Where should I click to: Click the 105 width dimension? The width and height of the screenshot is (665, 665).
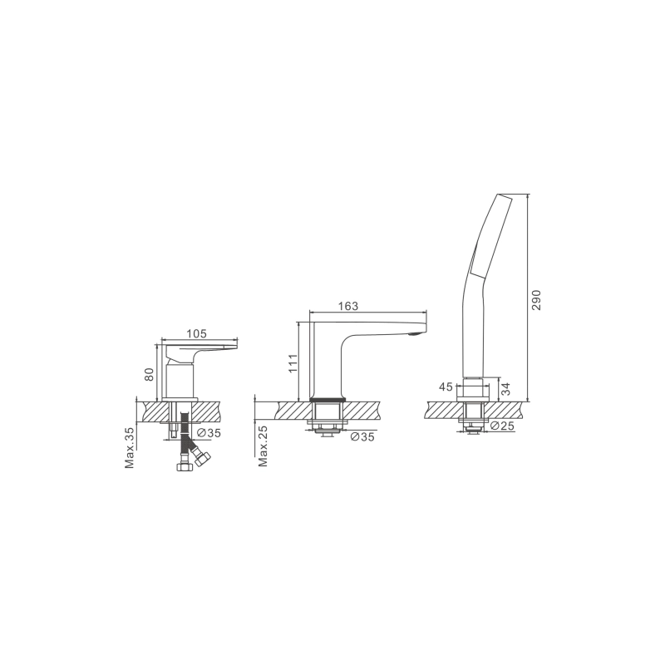[197, 334]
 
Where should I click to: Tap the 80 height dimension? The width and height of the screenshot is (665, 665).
[149, 374]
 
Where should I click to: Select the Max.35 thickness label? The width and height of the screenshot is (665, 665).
[130, 447]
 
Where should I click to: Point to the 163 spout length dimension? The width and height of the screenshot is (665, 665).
[348, 306]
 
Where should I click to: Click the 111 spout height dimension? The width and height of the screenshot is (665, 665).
[293, 363]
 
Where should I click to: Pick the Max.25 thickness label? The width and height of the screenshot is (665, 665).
[264, 446]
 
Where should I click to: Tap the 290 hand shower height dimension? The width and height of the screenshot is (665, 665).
[536, 300]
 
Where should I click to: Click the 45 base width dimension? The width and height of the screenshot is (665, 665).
[446, 387]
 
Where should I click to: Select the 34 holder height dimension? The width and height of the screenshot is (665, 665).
[505, 389]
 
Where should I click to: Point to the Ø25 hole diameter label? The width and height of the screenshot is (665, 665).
[502, 426]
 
